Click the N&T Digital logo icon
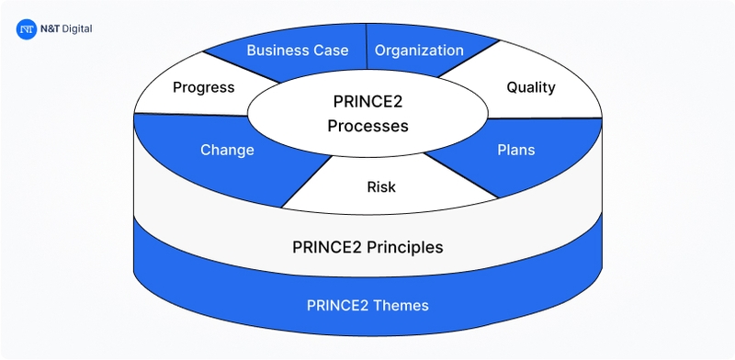coord(27,29)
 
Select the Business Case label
coord(298,50)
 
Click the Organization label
coord(419,50)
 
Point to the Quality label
coord(531,87)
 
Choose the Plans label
coord(515,150)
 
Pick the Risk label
coord(381,187)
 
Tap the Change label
coord(227,150)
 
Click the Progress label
coord(204,87)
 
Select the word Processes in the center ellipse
coord(367,126)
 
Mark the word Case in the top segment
coord(331,50)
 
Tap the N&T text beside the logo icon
coord(51,29)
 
